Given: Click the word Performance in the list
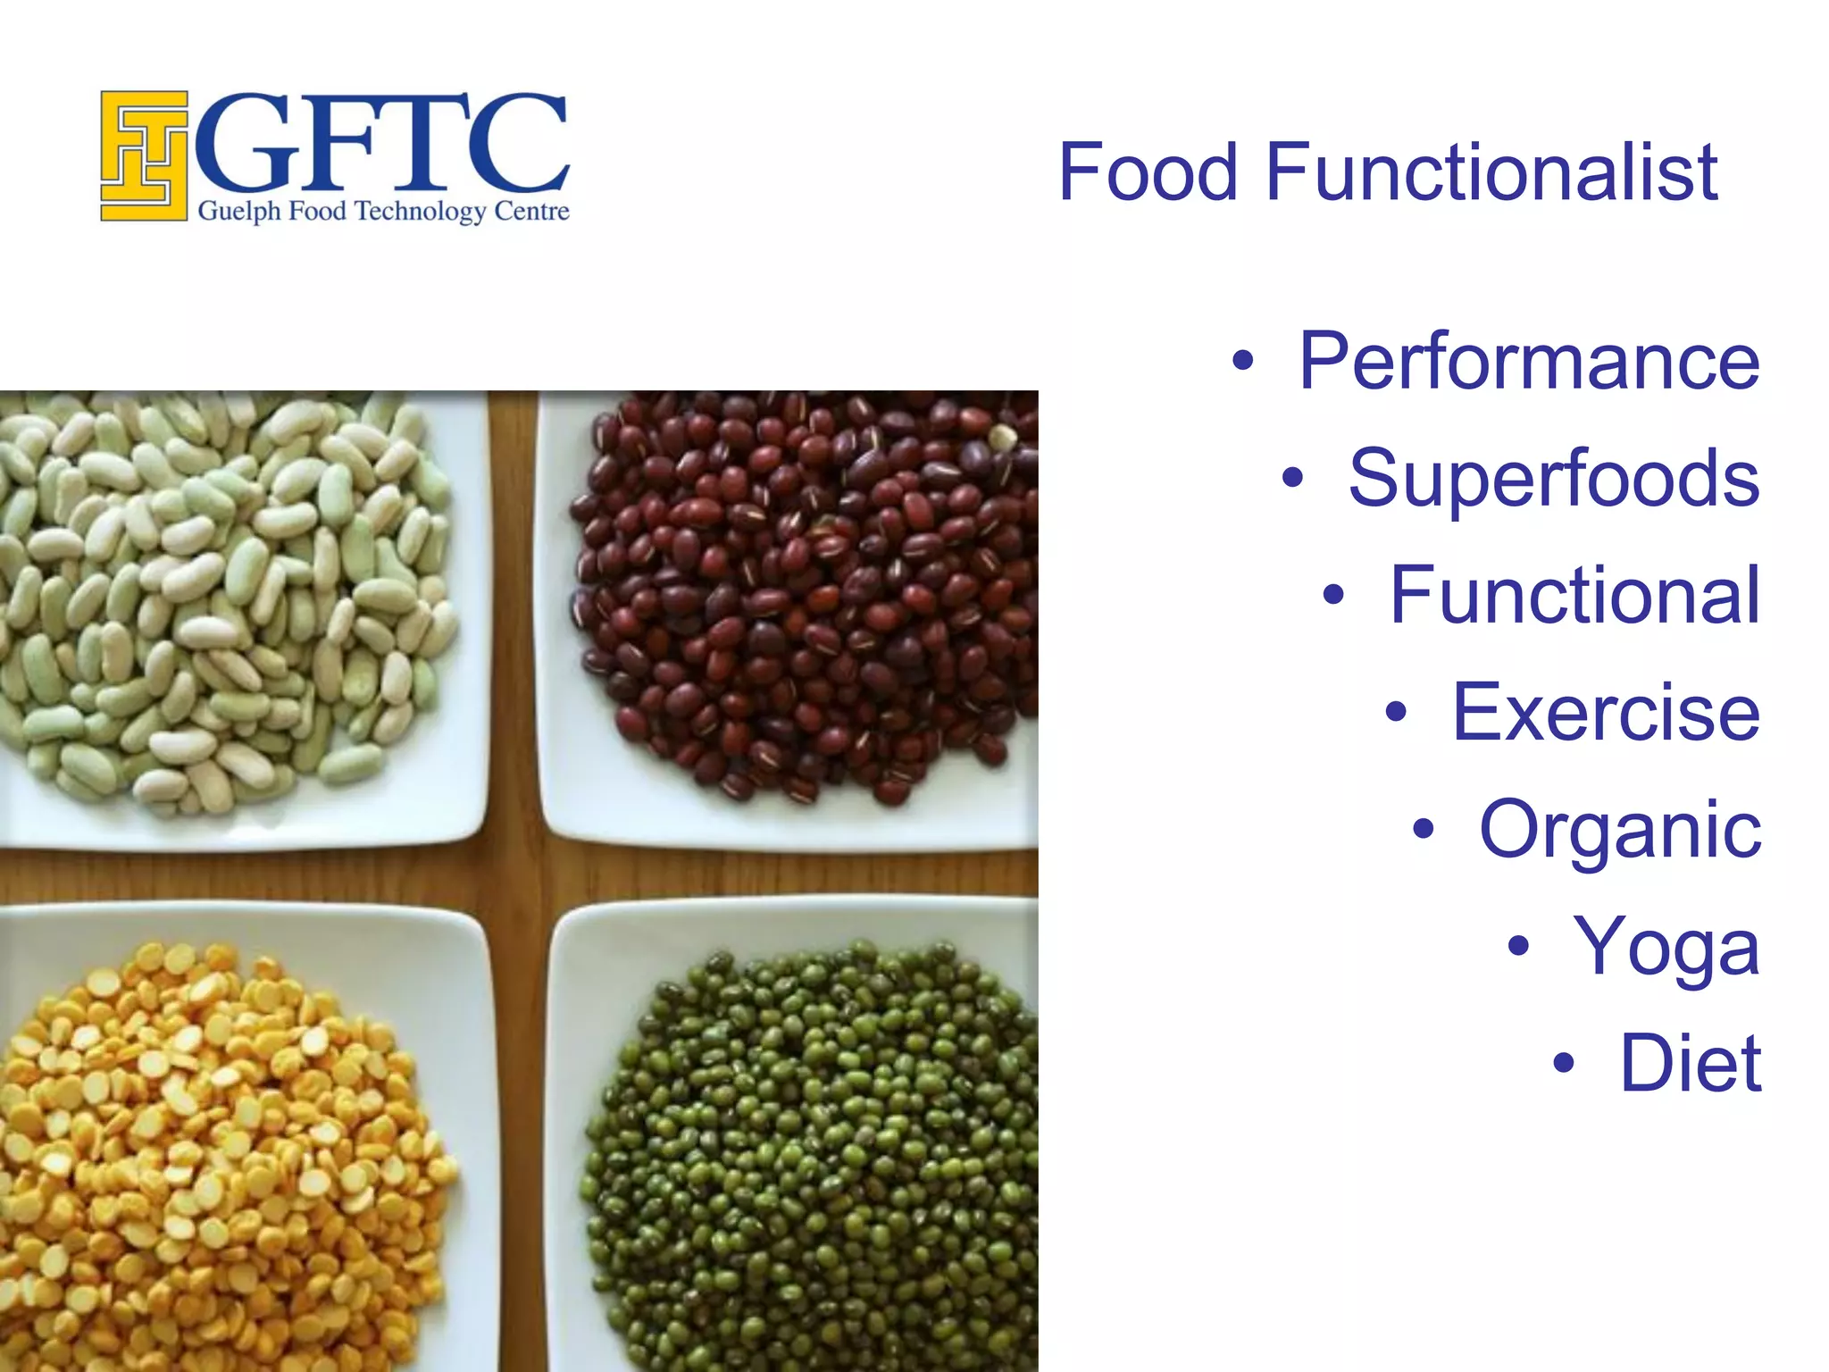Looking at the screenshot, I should tap(1528, 361).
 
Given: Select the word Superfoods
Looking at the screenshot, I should tap(1553, 479).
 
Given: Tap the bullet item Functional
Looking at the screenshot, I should tap(1574, 596).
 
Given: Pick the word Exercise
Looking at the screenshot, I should tap(1605, 713).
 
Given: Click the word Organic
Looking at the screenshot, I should tap(1619, 831).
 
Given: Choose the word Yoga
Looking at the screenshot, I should tap(1666, 947).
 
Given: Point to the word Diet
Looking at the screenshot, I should tap(1690, 1063).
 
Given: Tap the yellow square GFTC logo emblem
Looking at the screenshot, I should tap(144, 156).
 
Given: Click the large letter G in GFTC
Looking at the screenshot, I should tap(246, 143).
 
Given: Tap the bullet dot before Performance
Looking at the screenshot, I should tap(1242, 362).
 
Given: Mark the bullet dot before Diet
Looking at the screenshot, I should tap(1563, 1063).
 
